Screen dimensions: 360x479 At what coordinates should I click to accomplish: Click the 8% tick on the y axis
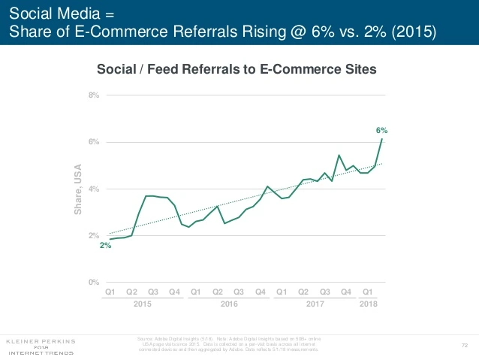(x=94, y=95)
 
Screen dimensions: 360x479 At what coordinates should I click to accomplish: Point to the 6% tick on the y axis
(x=94, y=142)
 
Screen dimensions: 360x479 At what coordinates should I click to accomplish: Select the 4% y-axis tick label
(x=94, y=189)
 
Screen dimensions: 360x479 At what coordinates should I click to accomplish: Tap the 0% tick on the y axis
(x=94, y=283)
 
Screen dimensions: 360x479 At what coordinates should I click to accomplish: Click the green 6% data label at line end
(x=381, y=130)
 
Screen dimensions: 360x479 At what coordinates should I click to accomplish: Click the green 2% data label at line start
(x=105, y=247)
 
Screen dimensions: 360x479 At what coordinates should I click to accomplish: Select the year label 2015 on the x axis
(x=142, y=304)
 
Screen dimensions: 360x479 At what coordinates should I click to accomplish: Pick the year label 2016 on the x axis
(x=228, y=304)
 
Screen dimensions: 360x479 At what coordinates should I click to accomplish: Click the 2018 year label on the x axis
(x=368, y=304)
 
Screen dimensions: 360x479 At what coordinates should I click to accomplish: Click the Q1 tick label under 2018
(x=368, y=292)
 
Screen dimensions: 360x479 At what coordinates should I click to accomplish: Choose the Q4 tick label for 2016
(x=261, y=292)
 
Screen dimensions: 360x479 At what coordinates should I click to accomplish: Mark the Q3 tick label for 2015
(x=153, y=292)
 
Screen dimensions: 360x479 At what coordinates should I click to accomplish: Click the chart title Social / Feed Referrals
(x=237, y=69)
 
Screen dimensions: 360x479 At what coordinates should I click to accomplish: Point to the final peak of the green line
(x=383, y=139)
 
